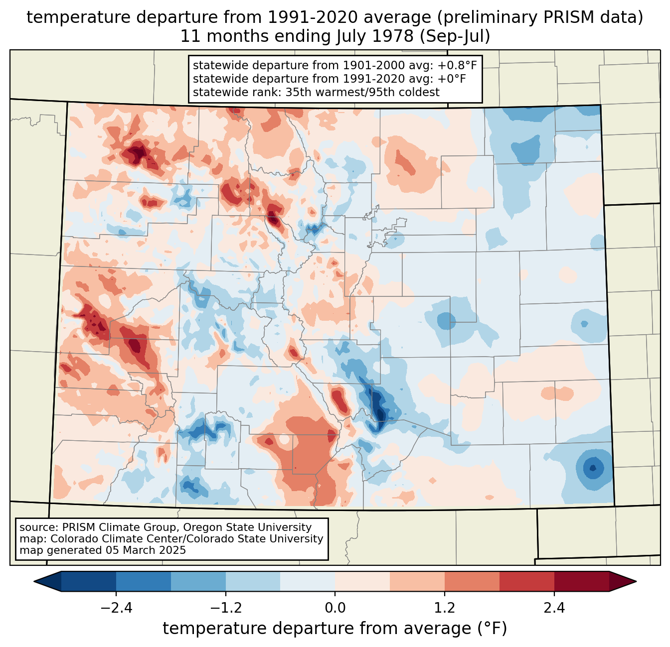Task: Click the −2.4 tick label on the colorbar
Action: tap(116, 608)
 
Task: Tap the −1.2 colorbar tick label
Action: tap(226, 608)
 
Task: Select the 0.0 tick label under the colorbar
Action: tap(335, 608)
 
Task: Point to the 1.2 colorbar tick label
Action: tap(445, 608)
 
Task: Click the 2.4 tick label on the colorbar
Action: tap(554, 608)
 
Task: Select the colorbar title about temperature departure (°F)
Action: tap(335, 629)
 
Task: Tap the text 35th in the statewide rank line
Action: tap(299, 92)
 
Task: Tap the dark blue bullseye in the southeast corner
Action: tap(592, 468)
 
